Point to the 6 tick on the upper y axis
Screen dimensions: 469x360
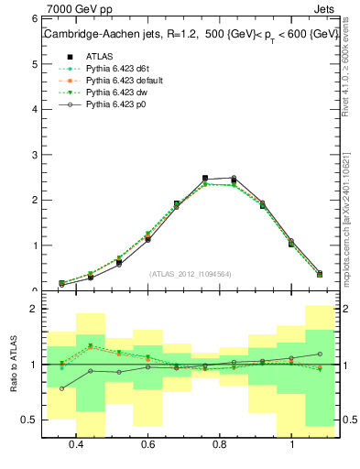coord(33,19)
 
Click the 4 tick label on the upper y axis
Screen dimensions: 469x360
coord(33,109)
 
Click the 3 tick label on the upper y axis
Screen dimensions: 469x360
coord(33,155)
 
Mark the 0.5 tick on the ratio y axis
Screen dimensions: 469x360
coord(28,420)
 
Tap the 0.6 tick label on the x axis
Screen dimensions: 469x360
coord(147,445)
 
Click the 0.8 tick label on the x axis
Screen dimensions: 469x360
coord(220,445)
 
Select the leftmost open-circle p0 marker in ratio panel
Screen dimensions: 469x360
coord(61,388)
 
